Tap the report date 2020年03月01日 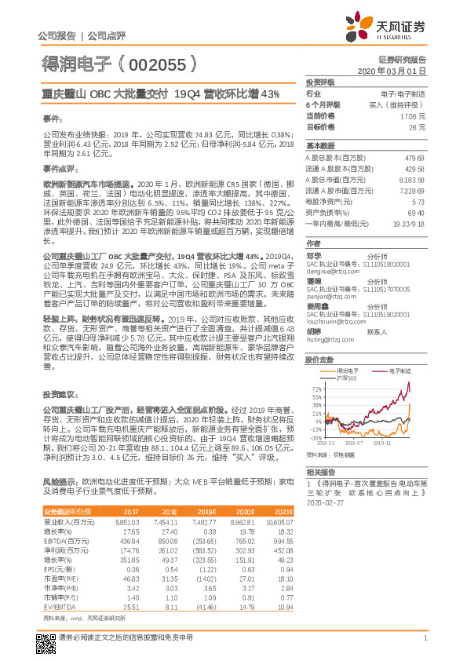[401, 71]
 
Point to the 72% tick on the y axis [317, 389]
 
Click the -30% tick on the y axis [316, 439]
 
